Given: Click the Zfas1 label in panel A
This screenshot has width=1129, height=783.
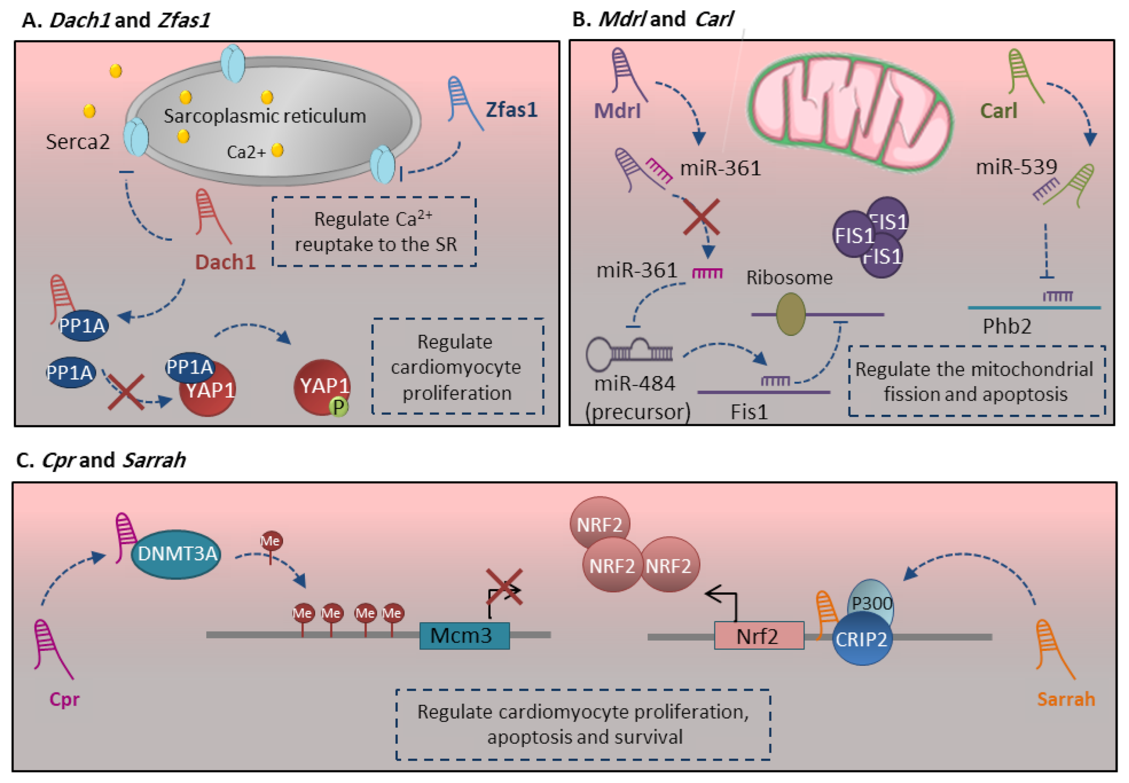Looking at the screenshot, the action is point(511,109).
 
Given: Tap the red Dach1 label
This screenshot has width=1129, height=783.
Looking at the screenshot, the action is point(225,262).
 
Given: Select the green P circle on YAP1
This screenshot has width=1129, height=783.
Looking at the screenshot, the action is point(338,407).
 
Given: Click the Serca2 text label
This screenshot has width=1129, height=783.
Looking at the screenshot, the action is point(78,142).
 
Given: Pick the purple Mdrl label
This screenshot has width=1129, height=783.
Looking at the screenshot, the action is point(617,111).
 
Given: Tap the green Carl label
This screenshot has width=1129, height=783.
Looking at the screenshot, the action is point(998,111).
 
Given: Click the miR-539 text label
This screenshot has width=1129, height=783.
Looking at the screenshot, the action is point(1016,167).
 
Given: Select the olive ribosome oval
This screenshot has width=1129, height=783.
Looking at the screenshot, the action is point(791,314).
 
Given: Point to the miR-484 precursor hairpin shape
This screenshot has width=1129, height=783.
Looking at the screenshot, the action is point(629,353).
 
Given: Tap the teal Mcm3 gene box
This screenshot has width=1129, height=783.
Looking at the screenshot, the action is point(464,636).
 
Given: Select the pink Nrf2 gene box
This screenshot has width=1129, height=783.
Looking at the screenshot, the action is point(759,636).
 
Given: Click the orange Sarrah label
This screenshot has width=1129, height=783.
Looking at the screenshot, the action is point(1066,699).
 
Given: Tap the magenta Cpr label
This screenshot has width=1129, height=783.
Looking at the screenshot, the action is point(64,699).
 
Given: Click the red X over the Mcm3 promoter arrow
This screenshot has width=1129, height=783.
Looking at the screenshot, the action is point(504,586).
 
